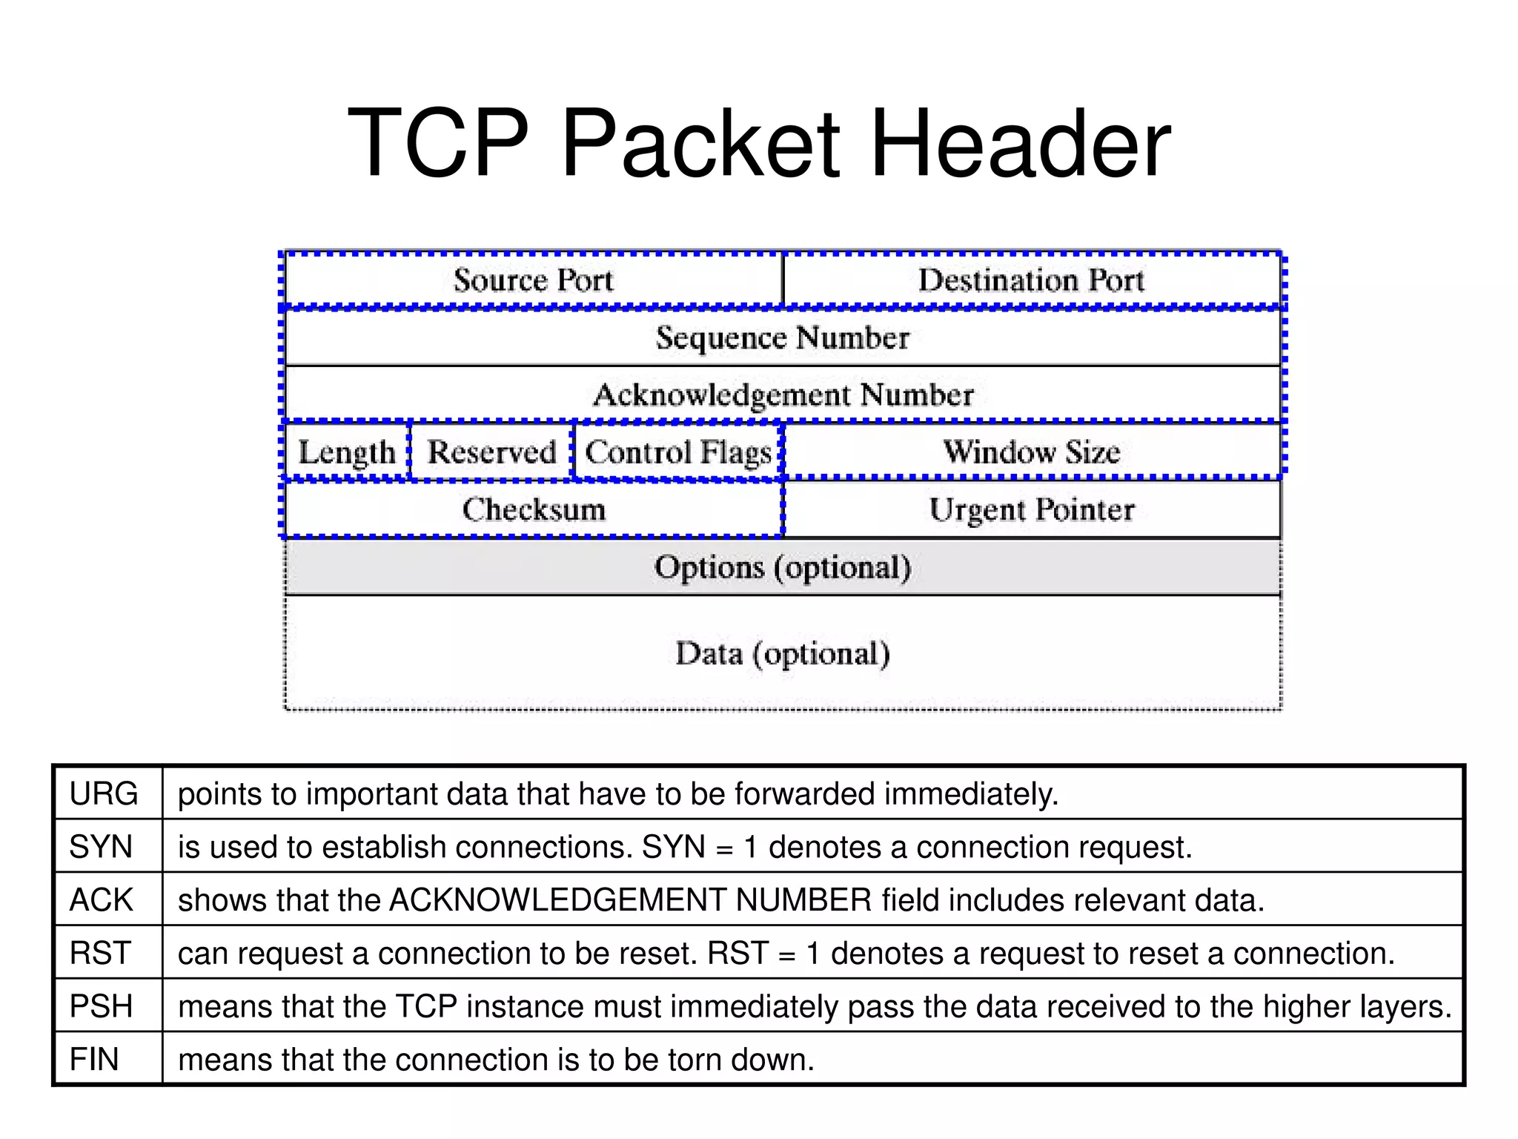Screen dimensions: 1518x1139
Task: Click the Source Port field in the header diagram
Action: (534, 280)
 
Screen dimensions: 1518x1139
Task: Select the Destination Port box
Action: (1032, 280)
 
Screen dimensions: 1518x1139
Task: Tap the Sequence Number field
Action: (783, 338)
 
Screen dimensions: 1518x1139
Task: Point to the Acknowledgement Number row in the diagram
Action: (783, 394)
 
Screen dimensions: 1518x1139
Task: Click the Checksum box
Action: (534, 509)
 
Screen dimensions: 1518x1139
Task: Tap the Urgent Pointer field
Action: (1032, 509)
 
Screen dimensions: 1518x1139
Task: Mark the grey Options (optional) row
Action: (783, 567)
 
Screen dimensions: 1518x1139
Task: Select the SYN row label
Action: (101, 847)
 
